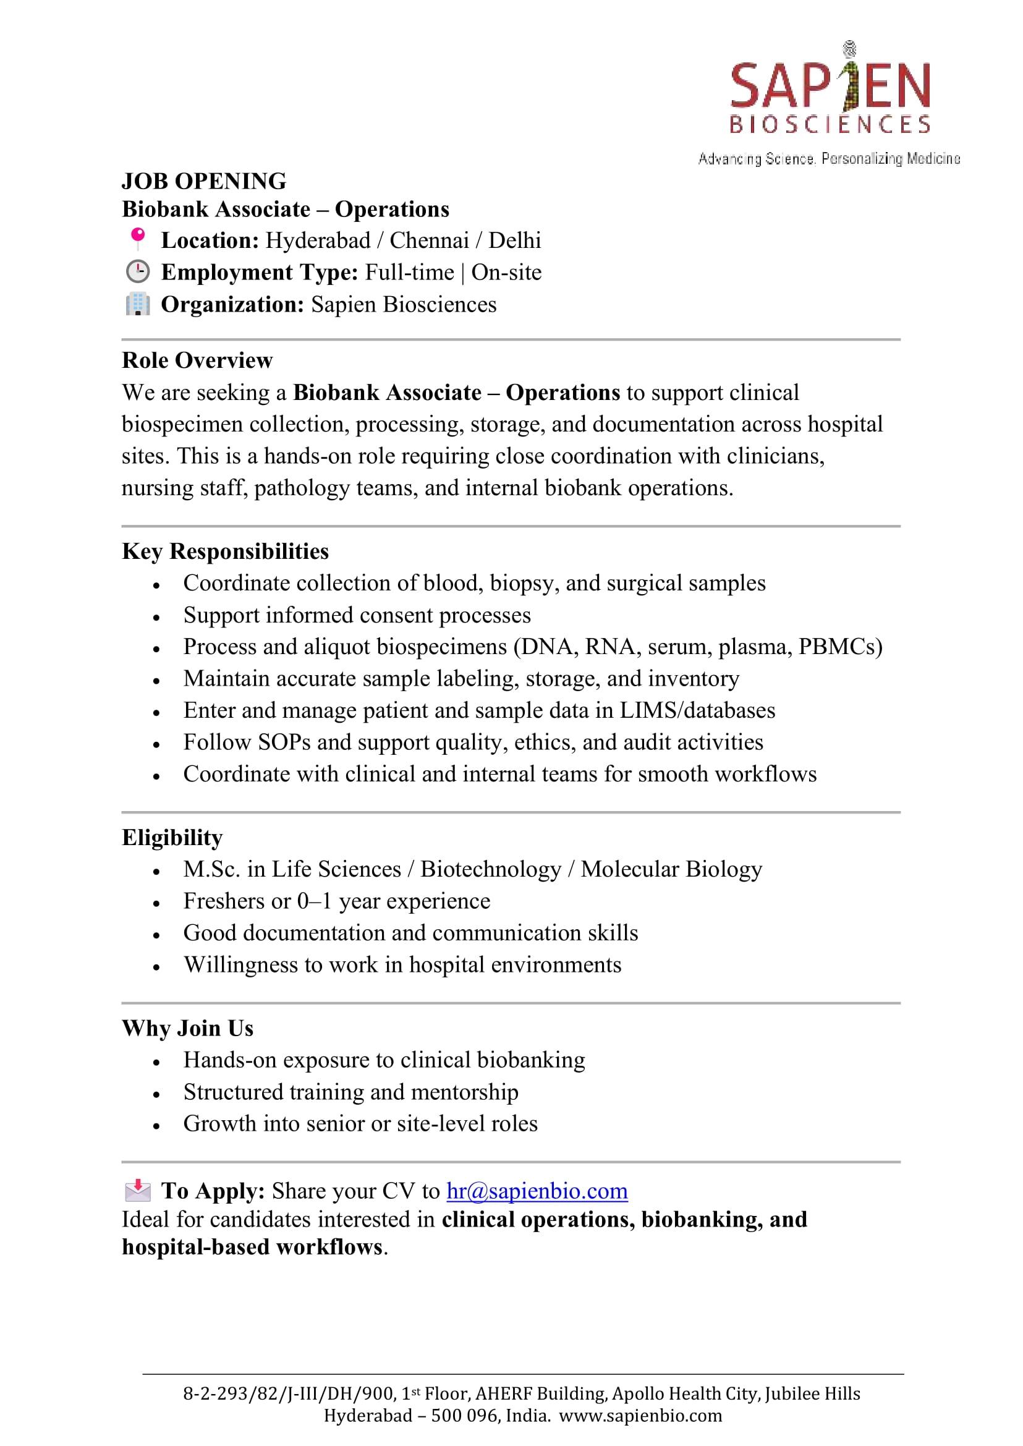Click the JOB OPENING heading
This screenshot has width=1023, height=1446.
(x=203, y=182)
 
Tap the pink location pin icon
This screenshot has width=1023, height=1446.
(x=137, y=238)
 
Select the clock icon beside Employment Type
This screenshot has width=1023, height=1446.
(x=137, y=271)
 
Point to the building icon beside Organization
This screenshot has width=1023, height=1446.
(x=137, y=304)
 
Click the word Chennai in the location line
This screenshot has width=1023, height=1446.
(x=429, y=240)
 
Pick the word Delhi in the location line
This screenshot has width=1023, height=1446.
(x=515, y=240)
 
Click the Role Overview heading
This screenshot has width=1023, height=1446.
(x=197, y=360)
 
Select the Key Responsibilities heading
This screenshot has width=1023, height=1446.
(x=225, y=551)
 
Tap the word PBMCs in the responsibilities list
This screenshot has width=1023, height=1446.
(x=839, y=647)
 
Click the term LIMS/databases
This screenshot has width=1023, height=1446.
(x=697, y=711)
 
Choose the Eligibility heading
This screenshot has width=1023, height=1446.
(x=172, y=838)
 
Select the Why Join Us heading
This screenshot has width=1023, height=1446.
(x=188, y=1028)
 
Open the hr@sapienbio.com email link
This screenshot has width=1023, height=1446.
(x=537, y=1191)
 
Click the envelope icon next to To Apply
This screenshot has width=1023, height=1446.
(x=137, y=1190)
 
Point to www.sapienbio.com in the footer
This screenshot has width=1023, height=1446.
(x=640, y=1416)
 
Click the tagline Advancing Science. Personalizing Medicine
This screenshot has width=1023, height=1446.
(x=829, y=159)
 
